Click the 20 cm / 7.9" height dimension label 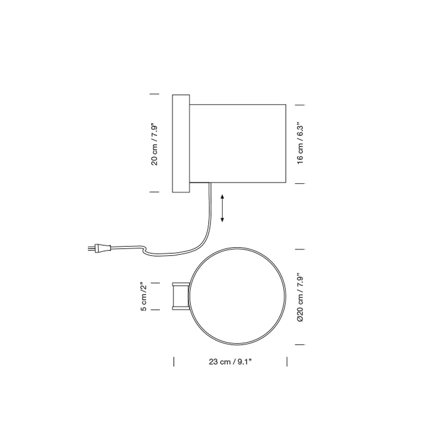[154, 144]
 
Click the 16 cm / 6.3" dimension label [300, 144]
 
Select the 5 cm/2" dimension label [144, 297]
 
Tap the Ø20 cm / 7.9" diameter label [300, 297]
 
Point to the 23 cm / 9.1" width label [230, 362]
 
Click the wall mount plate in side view [181, 143]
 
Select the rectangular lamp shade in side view [238, 143]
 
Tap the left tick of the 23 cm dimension [174, 362]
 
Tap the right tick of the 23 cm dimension [287, 362]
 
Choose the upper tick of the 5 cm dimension [155, 283]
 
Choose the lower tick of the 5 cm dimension [155, 309]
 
